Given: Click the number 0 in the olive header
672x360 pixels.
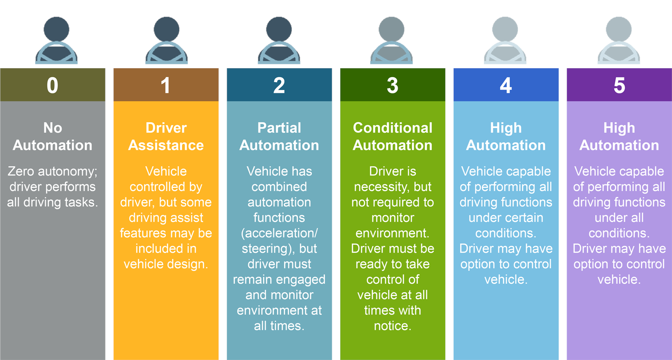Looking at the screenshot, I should point(52,86).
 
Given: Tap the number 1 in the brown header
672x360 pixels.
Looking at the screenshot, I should point(166,86).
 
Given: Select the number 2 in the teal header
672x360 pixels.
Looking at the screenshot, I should point(279,86).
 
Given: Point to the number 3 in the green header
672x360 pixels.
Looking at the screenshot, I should point(392,86).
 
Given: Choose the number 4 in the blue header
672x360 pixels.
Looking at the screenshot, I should point(506,86).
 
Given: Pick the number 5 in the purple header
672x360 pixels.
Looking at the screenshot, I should point(619,86).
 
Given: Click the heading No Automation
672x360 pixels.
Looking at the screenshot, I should point(52,136).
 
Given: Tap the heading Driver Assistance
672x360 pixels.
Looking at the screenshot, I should point(166,136).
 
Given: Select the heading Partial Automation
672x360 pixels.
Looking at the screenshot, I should point(279,136).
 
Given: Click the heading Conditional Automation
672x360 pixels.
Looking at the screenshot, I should point(392,136).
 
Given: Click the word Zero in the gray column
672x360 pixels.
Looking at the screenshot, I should point(22,171).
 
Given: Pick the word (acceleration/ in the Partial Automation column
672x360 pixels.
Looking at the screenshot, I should point(279,233).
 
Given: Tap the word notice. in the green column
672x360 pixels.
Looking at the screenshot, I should point(392,325).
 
